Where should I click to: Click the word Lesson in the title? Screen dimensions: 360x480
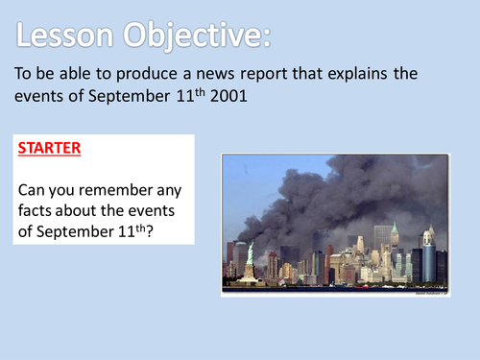67,36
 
